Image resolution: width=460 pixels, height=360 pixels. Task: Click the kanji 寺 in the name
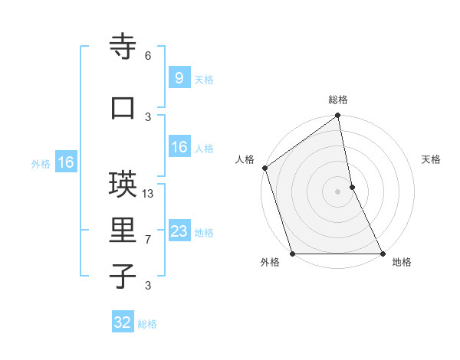[123, 47]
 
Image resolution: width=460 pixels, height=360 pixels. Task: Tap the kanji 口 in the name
[123, 108]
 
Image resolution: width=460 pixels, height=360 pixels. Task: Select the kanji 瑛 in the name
[123, 185]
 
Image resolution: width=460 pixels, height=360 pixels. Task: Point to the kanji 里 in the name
[123, 231]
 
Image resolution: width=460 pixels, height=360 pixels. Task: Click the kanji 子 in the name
[123, 277]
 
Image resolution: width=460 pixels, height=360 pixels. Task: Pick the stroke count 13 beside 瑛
[149, 194]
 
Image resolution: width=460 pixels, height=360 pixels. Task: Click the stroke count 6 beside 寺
[148, 56]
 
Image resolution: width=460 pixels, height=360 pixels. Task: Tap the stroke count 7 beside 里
[148, 240]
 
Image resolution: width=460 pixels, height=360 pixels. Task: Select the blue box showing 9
[179, 77]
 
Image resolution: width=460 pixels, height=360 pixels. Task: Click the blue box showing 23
[179, 231]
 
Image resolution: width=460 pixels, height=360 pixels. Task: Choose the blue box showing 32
[123, 322]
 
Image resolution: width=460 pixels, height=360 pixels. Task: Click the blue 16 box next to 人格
[179, 148]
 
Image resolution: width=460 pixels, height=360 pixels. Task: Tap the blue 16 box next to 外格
[65, 162]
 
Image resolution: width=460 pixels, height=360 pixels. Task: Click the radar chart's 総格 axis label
[338, 100]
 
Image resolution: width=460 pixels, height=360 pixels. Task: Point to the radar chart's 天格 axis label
[432, 159]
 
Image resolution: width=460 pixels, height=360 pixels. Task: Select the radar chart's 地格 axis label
[402, 263]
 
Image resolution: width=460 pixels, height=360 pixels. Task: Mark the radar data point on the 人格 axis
[264, 168]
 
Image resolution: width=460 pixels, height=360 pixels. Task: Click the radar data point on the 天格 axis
[352, 187]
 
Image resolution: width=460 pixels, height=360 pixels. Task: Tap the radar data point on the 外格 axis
[292, 254]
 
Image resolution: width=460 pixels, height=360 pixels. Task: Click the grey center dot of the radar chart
[338, 191]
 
